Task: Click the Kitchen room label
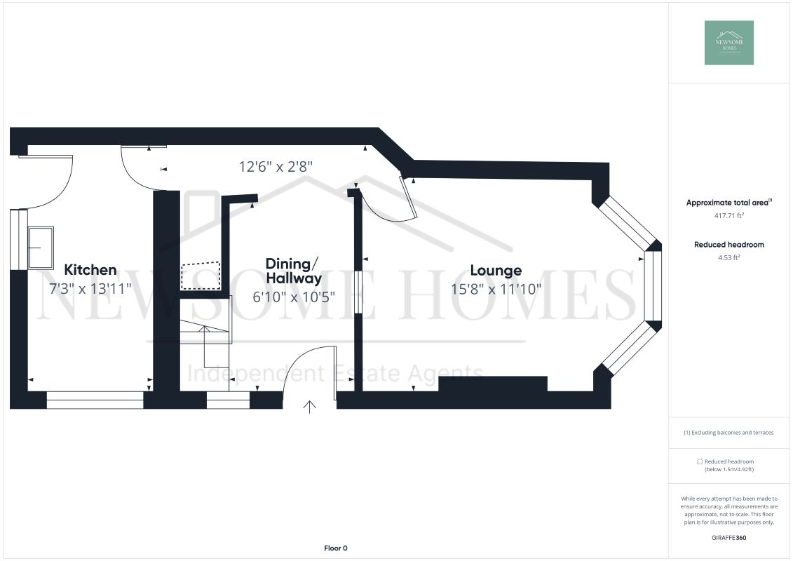90,269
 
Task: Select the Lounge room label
496,270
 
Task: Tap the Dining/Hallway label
293,271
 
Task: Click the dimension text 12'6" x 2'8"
276,167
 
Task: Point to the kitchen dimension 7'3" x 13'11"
90,289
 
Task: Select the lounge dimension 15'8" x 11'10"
496,289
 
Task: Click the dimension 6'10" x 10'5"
294,296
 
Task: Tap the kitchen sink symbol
41,247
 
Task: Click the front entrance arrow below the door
309,407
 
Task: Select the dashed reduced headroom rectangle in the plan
201,276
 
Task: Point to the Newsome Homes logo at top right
728,43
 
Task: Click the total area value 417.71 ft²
728,216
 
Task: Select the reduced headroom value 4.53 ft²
728,257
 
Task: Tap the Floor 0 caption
336,548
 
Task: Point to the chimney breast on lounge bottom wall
492,384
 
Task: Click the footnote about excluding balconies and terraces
728,433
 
